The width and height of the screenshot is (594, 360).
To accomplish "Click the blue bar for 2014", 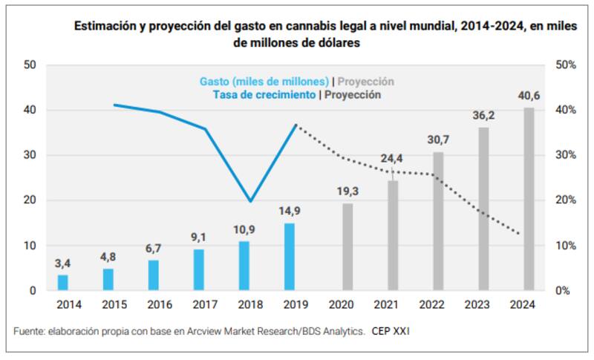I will pyautogui.click(x=63, y=283).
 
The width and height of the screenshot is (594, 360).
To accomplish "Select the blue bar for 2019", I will pyautogui.click(x=290, y=257).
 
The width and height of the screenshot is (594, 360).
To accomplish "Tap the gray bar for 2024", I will pyautogui.click(x=529, y=199).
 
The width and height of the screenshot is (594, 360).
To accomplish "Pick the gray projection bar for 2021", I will pyautogui.click(x=393, y=235).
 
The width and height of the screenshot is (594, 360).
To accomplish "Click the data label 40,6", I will pyautogui.click(x=529, y=96).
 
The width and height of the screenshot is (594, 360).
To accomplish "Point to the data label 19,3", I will pyautogui.click(x=347, y=192).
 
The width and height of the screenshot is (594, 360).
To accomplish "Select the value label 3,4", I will pyautogui.click(x=63, y=263).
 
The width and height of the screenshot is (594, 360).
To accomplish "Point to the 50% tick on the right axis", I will pyautogui.click(x=566, y=65).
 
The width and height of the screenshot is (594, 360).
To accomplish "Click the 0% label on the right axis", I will pyautogui.click(x=563, y=291).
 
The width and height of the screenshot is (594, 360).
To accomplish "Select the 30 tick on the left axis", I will pyautogui.click(x=30, y=156).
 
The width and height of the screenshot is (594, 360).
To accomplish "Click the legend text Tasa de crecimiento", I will pyautogui.click(x=265, y=95).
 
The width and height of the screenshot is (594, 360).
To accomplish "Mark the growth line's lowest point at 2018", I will pyautogui.click(x=250, y=201).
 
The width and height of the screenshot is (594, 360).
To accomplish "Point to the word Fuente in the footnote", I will pyautogui.click(x=30, y=330).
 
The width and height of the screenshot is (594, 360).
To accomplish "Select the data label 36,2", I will pyautogui.click(x=483, y=116).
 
